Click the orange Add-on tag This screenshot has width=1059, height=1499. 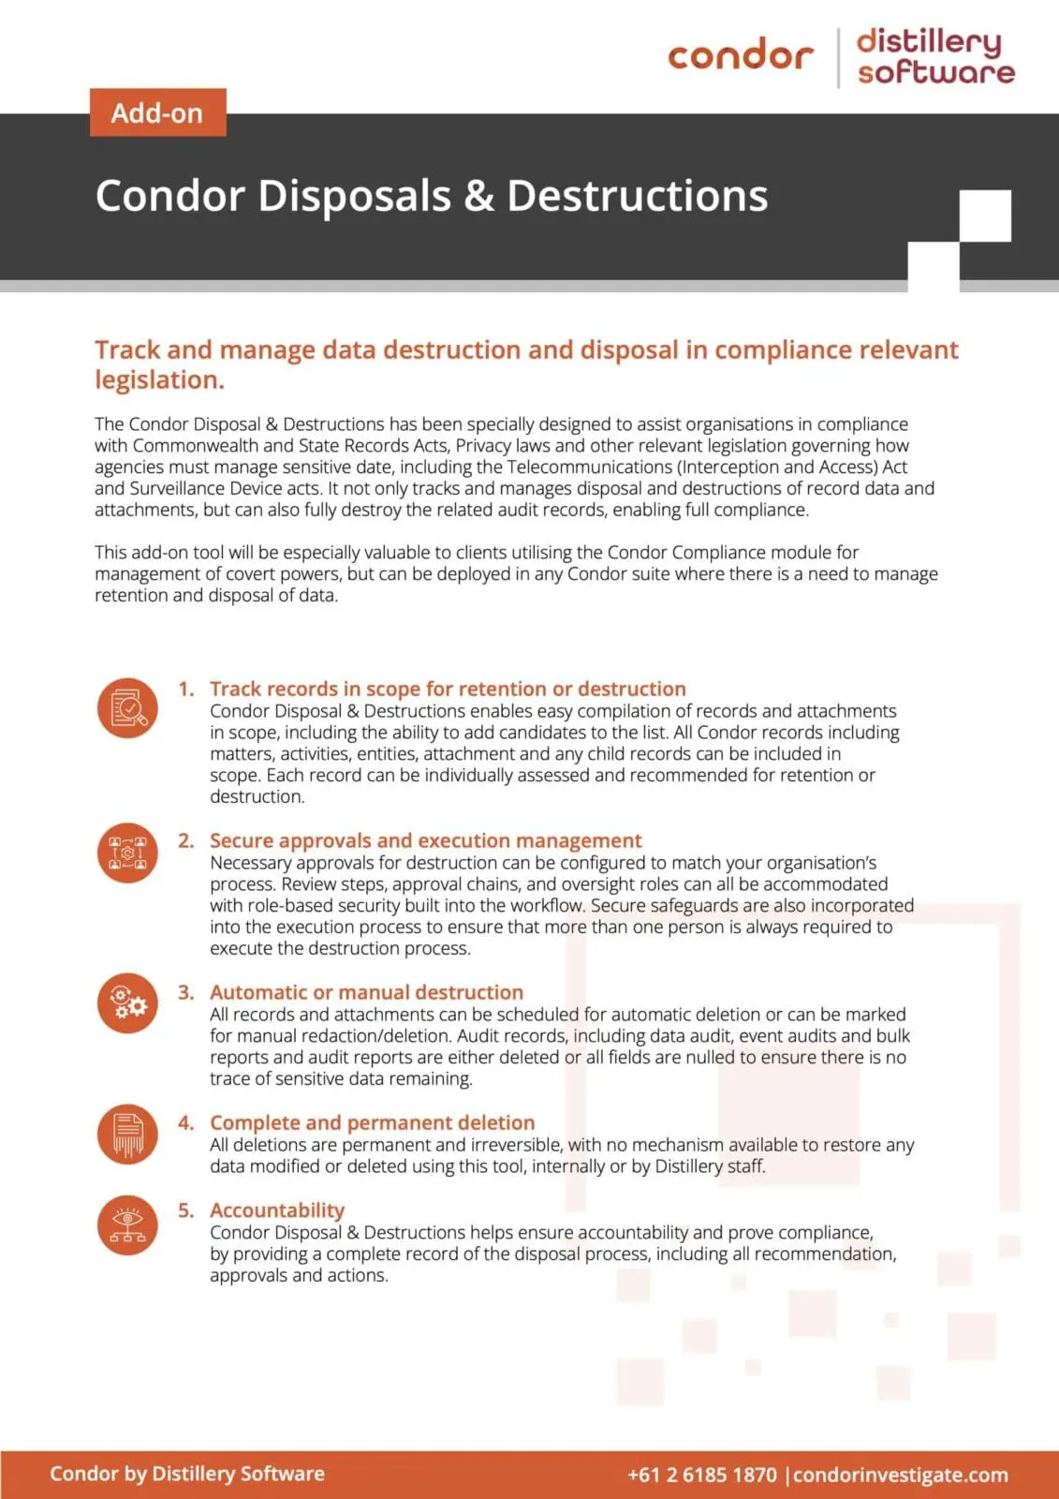[x=157, y=112]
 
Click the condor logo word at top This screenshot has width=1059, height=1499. [x=740, y=55]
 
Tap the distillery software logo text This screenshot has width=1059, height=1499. [x=934, y=56]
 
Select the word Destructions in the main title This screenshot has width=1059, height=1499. [x=637, y=196]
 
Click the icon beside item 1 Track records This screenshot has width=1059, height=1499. [x=127, y=707]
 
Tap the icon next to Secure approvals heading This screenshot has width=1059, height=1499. [x=127, y=853]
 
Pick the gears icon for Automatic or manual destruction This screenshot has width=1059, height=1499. [x=127, y=1003]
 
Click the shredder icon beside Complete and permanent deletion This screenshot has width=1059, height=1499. [x=127, y=1134]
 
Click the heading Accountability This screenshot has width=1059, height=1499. [x=277, y=1210]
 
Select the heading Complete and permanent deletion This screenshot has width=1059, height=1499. [x=372, y=1122]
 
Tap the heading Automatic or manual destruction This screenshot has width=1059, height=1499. [x=366, y=992]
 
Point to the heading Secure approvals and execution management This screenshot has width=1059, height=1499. [x=425, y=840]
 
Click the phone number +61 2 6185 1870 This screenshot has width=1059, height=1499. [x=702, y=1475]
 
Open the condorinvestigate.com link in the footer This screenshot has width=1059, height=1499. [x=901, y=1475]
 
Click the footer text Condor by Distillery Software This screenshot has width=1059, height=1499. [x=187, y=1474]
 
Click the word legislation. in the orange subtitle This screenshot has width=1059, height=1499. [x=159, y=380]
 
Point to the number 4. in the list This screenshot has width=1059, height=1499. [x=186, y=1122]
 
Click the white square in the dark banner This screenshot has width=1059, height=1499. [x=985, y=215]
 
